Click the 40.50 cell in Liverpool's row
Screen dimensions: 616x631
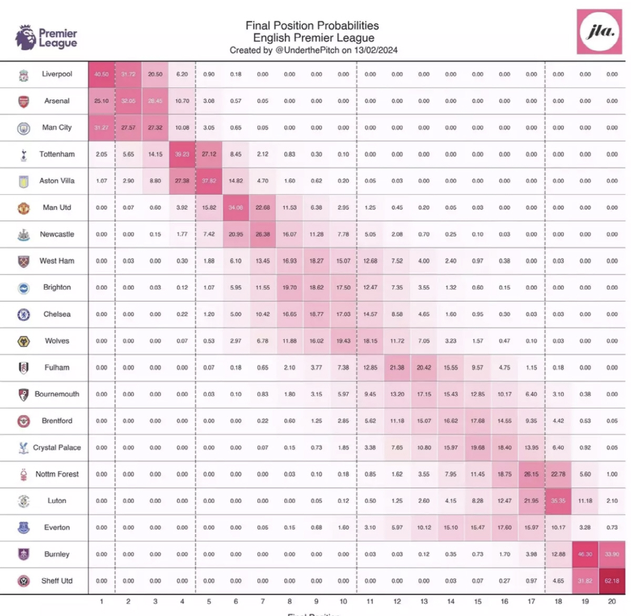click(x=101, y=74)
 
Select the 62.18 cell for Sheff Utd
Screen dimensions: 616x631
click(x=612, y=581)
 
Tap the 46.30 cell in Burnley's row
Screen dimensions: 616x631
click(x=585, y=554)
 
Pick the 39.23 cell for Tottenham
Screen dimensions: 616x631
click(x=182, y=154)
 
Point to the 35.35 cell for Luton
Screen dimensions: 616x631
click(x=558, y=501)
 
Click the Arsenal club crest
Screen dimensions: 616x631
click(x=23, y=101)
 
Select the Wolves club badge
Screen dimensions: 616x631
click(x=23, y=342)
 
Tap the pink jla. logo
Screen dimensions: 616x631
click(x=599, y=32)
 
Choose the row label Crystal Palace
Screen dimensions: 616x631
click(x=57, y=447)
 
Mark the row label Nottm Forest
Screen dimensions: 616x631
click(x=57, y=474)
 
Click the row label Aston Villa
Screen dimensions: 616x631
click(x=57, y=181)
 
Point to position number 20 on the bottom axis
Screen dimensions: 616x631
click(x=612, y=601)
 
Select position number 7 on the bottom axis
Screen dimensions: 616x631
click(x=262, y=601)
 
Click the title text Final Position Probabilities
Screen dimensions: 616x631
click(x=312, y=25)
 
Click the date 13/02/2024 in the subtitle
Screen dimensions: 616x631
click(x=375, y=50)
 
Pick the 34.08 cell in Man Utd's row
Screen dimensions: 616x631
click(x=236, y=208)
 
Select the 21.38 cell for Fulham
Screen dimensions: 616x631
click(x=397, y=367)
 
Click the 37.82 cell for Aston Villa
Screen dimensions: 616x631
click(x=209, y=181)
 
